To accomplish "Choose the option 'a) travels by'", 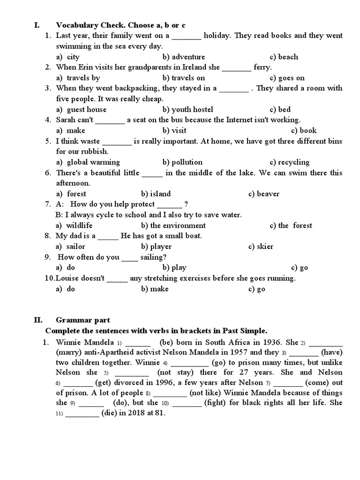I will pyautogui.click(x=78, y=78).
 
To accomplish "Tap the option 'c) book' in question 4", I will pyautogui.click(x=304, y=130).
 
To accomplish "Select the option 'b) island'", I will pyautogui.click(x=156, y=194).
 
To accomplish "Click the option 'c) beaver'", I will pyautogui.click(x=264, y=194).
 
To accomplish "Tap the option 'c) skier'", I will pyautogui.click(x=261, y=247).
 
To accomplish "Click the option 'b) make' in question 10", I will pyautogui.click(x=155, y=289).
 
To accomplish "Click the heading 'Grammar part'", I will pyautogui.click(x=83, y=320).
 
